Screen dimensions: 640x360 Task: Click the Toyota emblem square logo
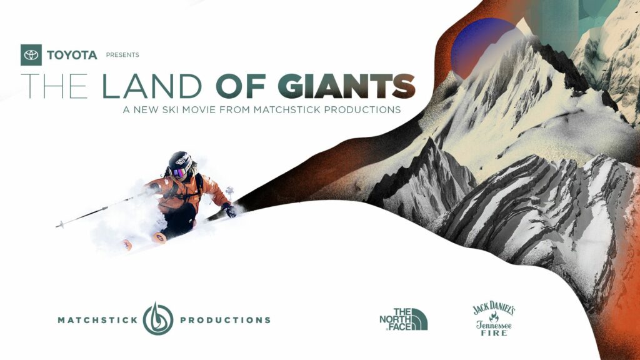click(x=31, y=55)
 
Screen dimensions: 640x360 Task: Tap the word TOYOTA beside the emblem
click(x=72, y=55)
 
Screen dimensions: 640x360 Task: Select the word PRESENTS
click(x=122, y=55)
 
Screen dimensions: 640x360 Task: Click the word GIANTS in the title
click(x=346, y=86)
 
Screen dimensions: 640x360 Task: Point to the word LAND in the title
click(x=152, y=86)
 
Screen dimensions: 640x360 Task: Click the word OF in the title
click(x=241, y=86)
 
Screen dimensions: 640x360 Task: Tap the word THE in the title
click(x=54, y=86)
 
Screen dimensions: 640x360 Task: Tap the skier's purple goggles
click(x=178, y=172)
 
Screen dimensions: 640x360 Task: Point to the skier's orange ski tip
click(x=159, y=237)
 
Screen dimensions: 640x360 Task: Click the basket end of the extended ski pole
click(x=61, y=224)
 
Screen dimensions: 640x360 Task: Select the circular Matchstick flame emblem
click(x=158, y=319)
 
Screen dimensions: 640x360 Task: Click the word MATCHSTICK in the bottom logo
click(x=98, y=320)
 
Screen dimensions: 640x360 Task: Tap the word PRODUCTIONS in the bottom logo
click(x=225, y=320)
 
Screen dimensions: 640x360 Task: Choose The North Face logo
click(x=404, y=319)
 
